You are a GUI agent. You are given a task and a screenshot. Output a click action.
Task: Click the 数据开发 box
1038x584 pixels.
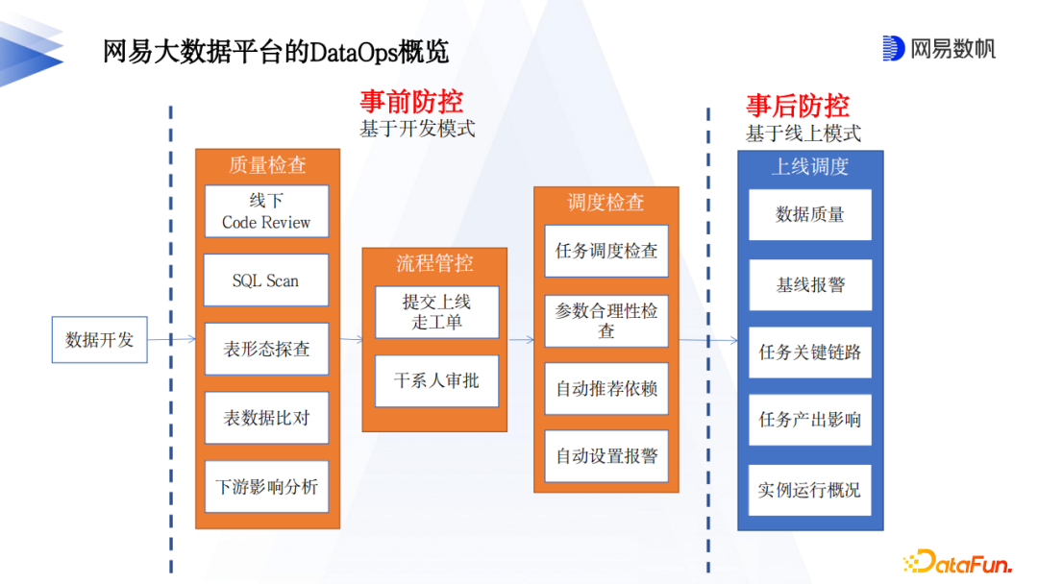tap(99, 339)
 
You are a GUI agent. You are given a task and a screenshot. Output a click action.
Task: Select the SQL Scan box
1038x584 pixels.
tap(266, 280)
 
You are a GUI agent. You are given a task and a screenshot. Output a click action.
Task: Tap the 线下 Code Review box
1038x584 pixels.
tap(266, 211)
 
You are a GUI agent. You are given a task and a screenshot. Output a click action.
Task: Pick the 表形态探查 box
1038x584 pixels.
tap(266, 350)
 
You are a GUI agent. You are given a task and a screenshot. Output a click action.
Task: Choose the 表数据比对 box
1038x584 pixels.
tap(266, 418)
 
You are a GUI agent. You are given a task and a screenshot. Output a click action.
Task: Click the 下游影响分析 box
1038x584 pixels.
tap(266, 487)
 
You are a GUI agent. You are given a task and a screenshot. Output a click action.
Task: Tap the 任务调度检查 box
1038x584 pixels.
tap(606, 252)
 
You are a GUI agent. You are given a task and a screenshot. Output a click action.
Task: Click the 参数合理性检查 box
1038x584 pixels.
tap(606, 321)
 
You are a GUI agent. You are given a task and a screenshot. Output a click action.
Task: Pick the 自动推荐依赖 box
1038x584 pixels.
tap(606, 389)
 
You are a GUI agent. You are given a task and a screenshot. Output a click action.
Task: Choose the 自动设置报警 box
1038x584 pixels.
tap(606, 456)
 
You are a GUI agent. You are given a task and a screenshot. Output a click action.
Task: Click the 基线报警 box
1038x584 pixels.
tap(810, 285)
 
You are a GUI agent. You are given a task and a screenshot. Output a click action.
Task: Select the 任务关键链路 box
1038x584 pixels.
tap(810, 353)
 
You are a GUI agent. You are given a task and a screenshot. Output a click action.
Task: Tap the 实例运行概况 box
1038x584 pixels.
tap(810, 490)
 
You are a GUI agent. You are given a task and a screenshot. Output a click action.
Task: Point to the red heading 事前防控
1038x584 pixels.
tap(411, 102)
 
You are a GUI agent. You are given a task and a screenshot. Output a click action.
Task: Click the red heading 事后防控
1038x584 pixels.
tap(798, 106)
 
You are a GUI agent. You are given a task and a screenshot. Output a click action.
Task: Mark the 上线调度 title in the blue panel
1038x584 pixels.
tap(810, 166)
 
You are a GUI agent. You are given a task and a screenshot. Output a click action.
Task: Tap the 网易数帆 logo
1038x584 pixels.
tap(939, 48)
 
